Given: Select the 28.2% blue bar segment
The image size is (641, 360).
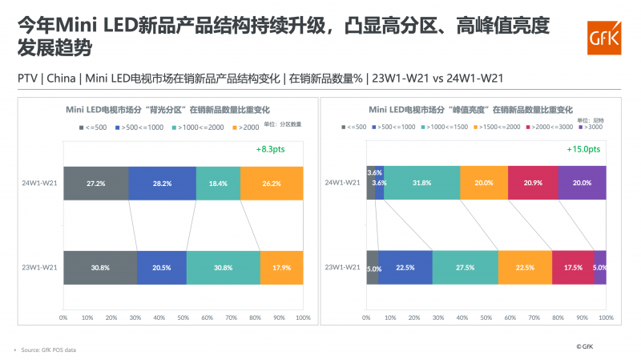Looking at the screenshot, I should (161, 183).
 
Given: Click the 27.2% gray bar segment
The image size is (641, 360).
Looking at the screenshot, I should (95, 183).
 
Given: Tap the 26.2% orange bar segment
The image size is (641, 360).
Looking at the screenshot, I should (272, 183).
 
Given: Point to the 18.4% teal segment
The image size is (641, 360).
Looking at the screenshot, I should (218, 183).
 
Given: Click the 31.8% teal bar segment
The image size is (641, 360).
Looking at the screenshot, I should (421, 183).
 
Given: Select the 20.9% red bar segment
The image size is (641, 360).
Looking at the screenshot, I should (533, 183).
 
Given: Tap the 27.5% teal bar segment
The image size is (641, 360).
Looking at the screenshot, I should (465, 267).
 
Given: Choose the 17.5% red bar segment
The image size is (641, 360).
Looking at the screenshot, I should (573, 267).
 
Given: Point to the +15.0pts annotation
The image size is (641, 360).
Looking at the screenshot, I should (583, 149).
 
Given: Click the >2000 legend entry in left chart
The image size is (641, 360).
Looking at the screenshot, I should (248, 127).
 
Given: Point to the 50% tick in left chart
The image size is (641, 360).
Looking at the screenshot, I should (183, 318).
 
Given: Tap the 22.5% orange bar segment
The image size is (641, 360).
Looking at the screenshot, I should (525, 267).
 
